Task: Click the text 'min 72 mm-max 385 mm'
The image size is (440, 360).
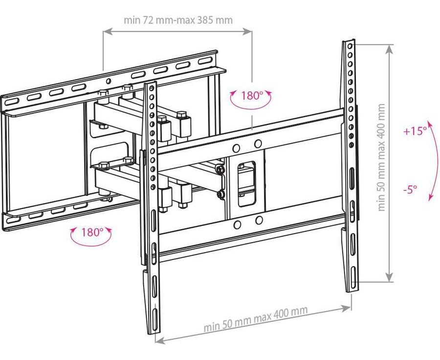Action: point(178,20)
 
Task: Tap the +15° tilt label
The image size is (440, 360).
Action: point(415,130)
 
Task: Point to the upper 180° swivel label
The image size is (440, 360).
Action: point(252,96)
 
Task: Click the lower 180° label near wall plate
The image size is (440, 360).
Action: point(92,232)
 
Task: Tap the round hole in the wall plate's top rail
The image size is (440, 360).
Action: point(108,81)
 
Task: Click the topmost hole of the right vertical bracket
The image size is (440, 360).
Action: point(350,46)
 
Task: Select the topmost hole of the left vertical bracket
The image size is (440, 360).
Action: point(152,88)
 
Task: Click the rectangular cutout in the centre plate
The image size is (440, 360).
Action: point(247,184)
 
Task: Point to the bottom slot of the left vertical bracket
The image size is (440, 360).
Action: point(154,318)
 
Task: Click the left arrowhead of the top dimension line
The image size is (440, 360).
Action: point(108,32)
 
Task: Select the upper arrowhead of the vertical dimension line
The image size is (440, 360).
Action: point(389,50)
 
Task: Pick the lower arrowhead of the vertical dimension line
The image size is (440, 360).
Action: point(389,276)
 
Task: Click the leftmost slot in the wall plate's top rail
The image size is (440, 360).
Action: point(11,101)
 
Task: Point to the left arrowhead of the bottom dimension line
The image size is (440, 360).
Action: point(160,339)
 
